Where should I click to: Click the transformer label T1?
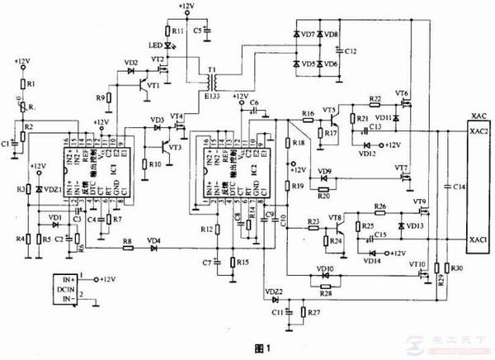[x=213, y=70]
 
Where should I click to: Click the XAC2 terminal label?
[x=478, y=131]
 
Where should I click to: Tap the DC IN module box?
[x=63, y=290]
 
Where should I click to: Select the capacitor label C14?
[x=460, y=188]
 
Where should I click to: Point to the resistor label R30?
[x=458, y=269]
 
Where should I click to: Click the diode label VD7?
[x=309, y=36]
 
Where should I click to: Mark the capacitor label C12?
[x=351, y=51]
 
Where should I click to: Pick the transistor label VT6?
[x=402, y=94]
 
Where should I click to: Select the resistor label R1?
[x=31, y=85]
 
